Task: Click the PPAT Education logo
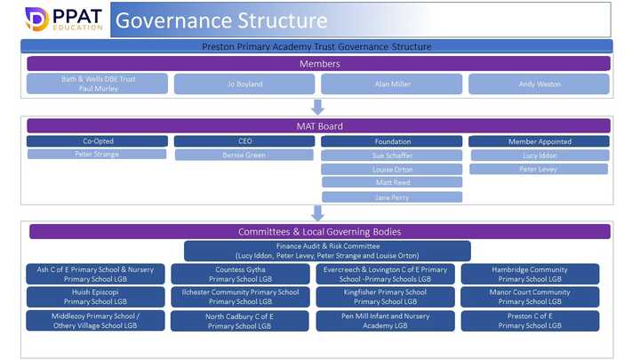point(52,20)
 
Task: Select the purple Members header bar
point(318,63)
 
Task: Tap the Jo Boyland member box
point(244,84)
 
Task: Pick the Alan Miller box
point(391,84)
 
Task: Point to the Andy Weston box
point(539,84)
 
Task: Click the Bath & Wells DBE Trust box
point(97,84)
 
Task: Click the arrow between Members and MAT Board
point(318,107)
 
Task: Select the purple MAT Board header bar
point(318,126)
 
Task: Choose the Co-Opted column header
point(97,141)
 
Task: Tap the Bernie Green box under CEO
point(244,155)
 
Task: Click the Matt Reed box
point(391,182)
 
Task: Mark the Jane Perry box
point(391,196)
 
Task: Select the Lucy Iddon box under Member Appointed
point(539,155)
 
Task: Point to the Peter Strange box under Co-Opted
point(97,154)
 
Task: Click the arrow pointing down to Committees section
point(318,213)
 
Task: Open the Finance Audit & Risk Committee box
point(327,251)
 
